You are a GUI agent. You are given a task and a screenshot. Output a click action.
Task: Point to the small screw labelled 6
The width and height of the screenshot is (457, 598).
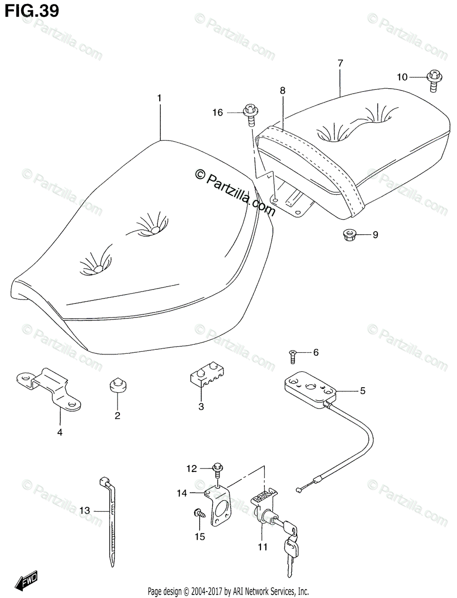[293, 356]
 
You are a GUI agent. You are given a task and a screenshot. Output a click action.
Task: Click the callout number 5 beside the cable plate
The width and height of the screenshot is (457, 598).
[362, 391]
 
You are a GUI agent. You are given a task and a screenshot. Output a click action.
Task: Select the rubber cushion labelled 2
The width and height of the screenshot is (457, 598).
[117, 387]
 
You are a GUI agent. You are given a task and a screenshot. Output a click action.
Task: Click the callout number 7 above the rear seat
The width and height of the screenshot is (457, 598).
[340, 63]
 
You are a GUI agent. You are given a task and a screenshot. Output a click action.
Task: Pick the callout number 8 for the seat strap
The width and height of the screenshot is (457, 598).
[282, 91]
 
